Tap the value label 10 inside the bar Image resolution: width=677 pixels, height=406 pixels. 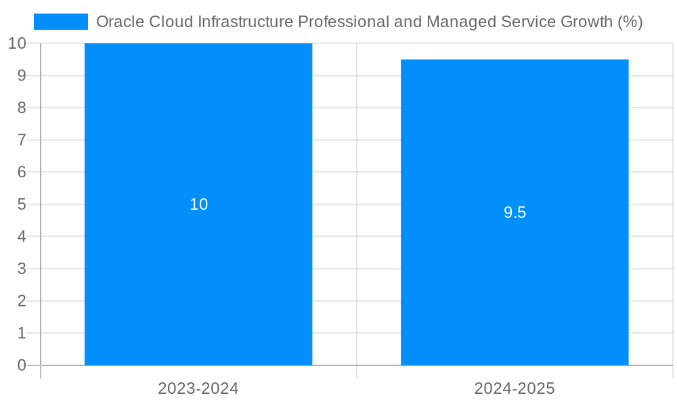(x=198, y=204)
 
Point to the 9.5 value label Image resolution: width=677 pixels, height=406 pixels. (x=515, y=212)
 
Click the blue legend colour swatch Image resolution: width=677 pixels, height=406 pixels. (x=61, y=22)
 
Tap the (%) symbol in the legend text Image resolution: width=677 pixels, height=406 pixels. (x=630, y=22)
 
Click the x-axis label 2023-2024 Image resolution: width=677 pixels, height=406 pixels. (x=198, y=388)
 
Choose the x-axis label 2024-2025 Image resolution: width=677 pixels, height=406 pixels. (x=515, y=388)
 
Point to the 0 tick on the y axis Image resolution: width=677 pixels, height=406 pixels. (x=22, y=365)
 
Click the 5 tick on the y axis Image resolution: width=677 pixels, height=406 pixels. (x=22, y=204)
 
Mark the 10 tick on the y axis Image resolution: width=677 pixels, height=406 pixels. (x=18, y=43)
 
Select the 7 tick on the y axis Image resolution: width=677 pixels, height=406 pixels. (x=22, y=140)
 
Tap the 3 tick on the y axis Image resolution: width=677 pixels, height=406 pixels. (x=22, y=269)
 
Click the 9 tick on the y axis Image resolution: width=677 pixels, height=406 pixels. (x=22, y=76)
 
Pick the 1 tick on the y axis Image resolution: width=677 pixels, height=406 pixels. (x=22, y=333)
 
